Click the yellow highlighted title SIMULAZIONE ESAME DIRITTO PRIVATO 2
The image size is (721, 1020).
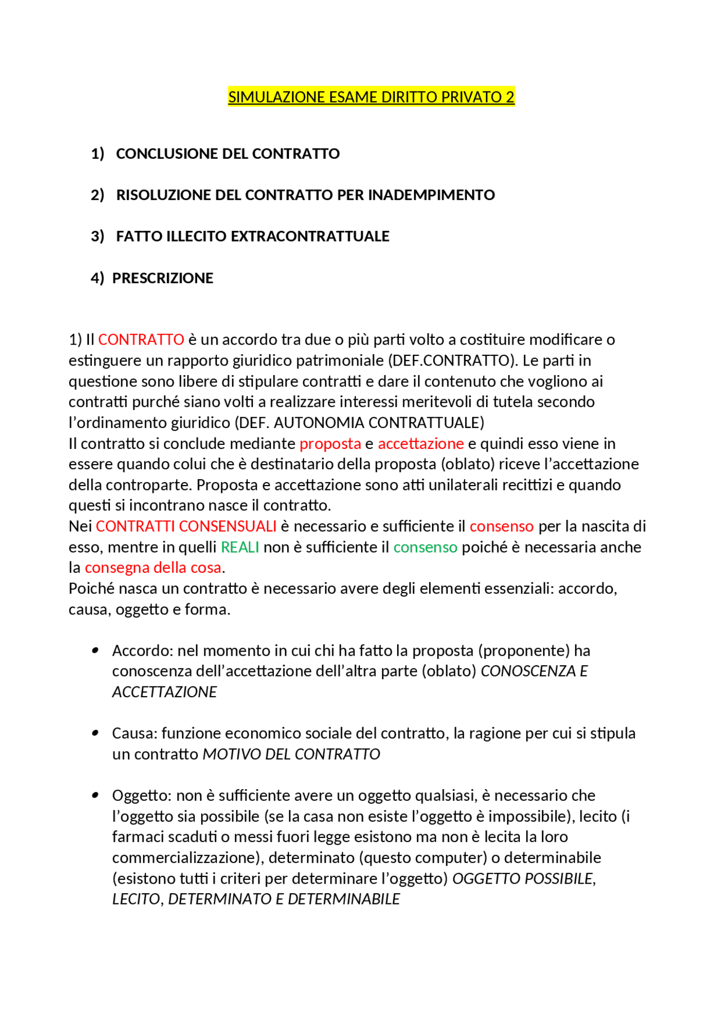pos(371,97)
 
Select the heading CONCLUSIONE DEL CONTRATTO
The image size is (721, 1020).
pos(228,154)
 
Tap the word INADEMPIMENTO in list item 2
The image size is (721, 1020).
pos(431,195)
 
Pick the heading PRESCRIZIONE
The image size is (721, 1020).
pos(163,278)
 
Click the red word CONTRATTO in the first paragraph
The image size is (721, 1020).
pos(141,340)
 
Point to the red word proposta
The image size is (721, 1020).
pos(330,444)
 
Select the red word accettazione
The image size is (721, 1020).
pos(421,444)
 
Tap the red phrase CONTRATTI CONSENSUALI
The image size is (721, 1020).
pos(186,527)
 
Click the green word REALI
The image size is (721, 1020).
pos(240,547)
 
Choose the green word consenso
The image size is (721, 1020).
pos(425,547)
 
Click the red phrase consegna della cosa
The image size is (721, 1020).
pos(153,568)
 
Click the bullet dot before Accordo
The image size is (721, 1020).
pos(95,651)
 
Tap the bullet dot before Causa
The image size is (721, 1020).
pos(95,733)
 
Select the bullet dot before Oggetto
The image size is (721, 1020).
pos(95,795)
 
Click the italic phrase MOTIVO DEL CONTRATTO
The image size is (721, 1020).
pos(291,754)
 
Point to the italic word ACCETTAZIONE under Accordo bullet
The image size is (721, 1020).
pos(164,692)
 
